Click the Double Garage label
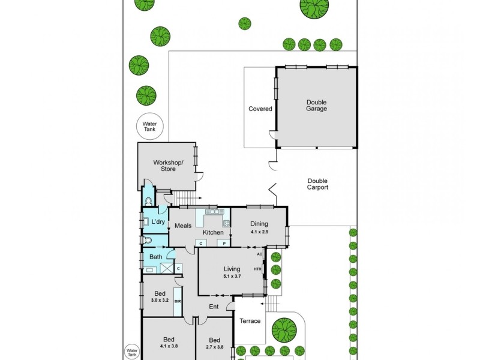coord(317,106)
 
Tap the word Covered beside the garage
coord(260,109)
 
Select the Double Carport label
coord(317,184)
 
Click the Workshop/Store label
coord(168,166)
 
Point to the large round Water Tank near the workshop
coord(149,126)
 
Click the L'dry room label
coord(158,221)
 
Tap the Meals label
coord(183,226)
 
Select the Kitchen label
coord(213,232)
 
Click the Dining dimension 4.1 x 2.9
coord(259,232)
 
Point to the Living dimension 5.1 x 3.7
coord(232,276)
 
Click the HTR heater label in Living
coord(257,269)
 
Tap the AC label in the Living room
coord(259,254)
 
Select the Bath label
coord(155,257)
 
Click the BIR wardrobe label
coord(178,301)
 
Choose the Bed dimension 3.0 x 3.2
coord(160,301)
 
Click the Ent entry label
coord(214,307)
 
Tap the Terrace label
coord(250,321)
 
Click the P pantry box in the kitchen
coord(224,244)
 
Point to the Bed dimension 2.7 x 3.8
coord(214,347)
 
